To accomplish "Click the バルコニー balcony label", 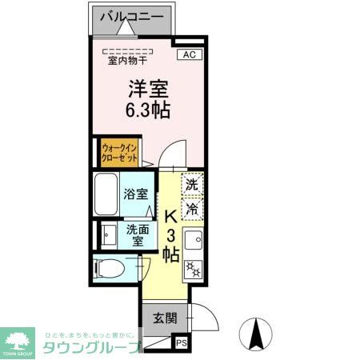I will click(131, 17).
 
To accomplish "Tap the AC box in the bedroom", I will click(189, 54).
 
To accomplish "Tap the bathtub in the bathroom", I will click(106, 194).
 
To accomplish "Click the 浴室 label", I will click(136, 194).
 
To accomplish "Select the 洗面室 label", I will click(136, 234).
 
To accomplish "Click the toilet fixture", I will click(107, 268).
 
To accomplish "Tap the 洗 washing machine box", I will click(192, 184).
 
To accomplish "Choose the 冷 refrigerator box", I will click(192, 209).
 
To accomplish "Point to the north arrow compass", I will click(257, 334).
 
